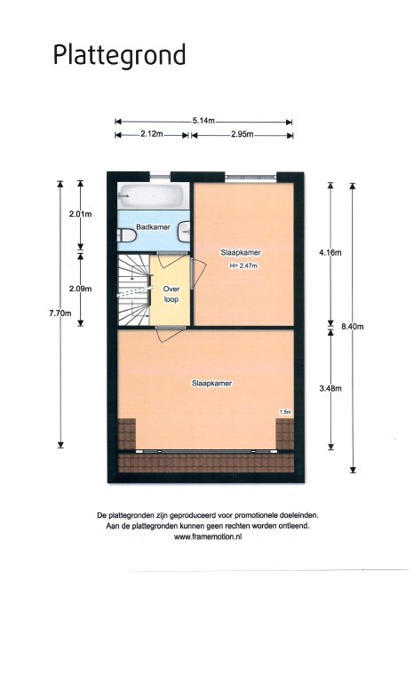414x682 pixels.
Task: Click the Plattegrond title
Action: pyautogui.click(x=119, y=56)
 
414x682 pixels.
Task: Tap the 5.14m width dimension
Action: pyautogui.click(x=203, y=122)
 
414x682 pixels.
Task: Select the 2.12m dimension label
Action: pyautogui.click(x=152, y=134)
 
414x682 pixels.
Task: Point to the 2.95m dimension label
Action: pyautogui.click(x=242, y=134)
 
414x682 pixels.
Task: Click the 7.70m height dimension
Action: pyautogui.click(x=60, y=313)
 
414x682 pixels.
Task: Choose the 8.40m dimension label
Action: pyautogui.click(x=352, y=327)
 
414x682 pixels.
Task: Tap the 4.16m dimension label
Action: pyautogui.click(x=330, y=252)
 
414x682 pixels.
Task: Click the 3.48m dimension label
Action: pyautogui.click(x=330, y=388)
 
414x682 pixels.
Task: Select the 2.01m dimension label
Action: pyautogui.click(x=81, y=214)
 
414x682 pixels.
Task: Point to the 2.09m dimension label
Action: pyautogui.click(x=81, y=289)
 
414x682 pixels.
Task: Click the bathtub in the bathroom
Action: pyautogui.click(x=152, y=196)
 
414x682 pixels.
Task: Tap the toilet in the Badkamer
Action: pyautogui.click(x=127, y=234)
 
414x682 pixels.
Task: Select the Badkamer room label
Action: pyautogui.click(x=153, y=227)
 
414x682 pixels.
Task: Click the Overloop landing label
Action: pyautogui.click(x=171, y=294)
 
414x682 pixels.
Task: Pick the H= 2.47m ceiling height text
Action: pyautogui.click(x=243, y=266)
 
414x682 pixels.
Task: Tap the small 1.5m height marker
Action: pyautogui.click(x=285, y=412)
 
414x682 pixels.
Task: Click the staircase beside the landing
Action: pyautogui.click(x=133, y=290)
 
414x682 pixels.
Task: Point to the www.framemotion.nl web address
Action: pyautogui.click(x=208, y=536)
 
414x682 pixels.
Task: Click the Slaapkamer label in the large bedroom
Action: pyautogui.click(x=212, y=384)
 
